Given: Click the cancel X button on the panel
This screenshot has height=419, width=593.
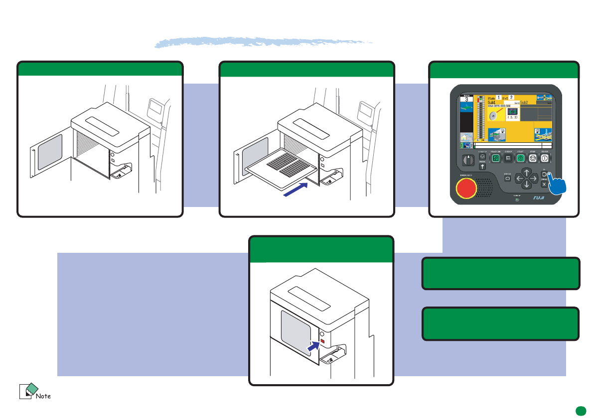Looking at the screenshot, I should point(544,184).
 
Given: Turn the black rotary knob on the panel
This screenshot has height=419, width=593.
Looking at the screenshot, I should point(468,161).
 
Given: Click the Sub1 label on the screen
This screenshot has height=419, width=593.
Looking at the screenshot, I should point(493,102).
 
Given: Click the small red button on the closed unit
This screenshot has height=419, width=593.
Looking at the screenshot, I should point(322,341).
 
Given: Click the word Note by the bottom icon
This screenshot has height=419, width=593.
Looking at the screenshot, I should point(43,396).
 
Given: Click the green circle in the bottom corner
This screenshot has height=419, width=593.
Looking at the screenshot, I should point(580,411).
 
